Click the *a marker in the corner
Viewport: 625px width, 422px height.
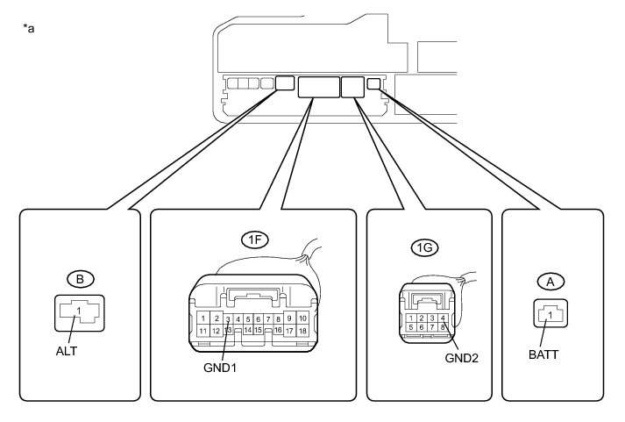pos(29,28)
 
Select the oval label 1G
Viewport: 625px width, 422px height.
pos(423,249)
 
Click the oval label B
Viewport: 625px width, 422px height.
pos(79,280)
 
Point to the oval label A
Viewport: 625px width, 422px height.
pos(550,282)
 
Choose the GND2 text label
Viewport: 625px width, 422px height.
pos(460,357)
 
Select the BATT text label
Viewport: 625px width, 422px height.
pos(543,356)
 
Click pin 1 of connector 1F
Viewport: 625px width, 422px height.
pos(202,318)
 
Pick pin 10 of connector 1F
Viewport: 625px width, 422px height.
pos(302,318)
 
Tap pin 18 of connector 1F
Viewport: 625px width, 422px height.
pos(302,331)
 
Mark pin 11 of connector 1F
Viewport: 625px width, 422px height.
pos(202,331)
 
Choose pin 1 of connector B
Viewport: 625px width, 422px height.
pos(78,311)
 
